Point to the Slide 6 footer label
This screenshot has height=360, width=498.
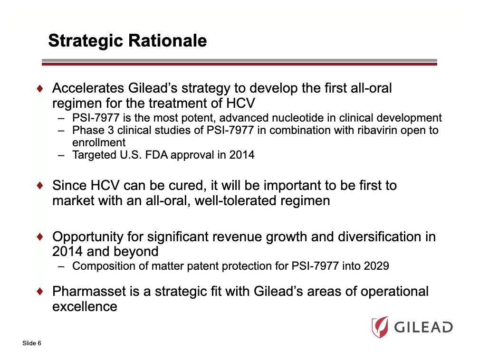click(x=31, y=343)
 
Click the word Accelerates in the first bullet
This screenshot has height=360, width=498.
click(x=88, y=88)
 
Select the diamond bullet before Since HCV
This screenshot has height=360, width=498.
click(x=41, y=185)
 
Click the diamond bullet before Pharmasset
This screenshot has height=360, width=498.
click(x=41, y=291)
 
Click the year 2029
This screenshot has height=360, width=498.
click(x=376, y=266)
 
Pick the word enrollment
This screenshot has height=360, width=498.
click(x=99, y=142)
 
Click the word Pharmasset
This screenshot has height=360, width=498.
click(x=89, y=291)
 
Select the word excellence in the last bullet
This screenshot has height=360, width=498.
click(x=85, y=306)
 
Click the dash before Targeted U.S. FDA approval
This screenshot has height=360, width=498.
click(x=62, y=155)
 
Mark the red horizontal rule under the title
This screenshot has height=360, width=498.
click(x=239, y=64)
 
